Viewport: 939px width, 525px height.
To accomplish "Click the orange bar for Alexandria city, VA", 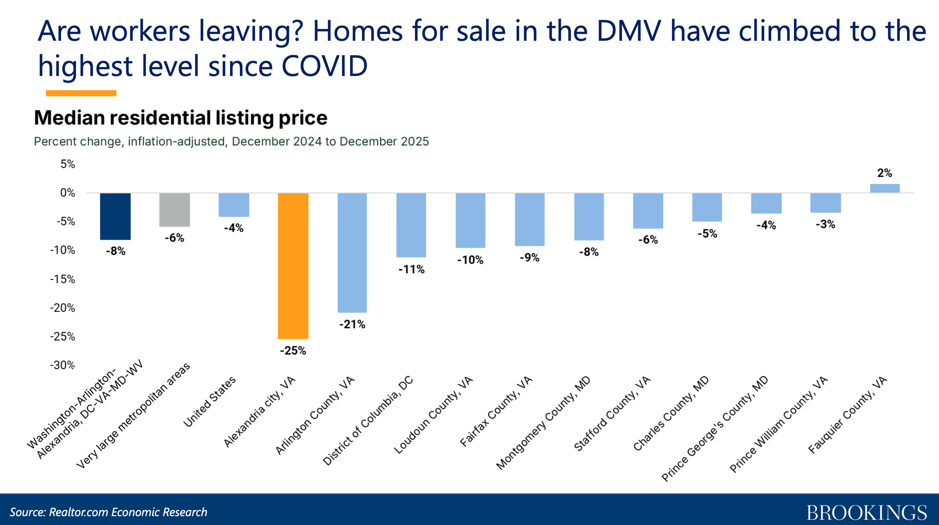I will point(293,266).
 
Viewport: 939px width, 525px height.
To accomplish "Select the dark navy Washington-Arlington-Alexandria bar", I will point(115,216).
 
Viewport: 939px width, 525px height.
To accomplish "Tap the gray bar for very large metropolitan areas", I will point(175,210).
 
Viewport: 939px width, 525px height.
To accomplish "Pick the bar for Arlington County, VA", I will point(352,252).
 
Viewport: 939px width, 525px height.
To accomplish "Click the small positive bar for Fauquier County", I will point(885,188).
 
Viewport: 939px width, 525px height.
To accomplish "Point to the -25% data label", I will point(293,351).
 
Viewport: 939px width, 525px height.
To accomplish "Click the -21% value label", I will point(352,324).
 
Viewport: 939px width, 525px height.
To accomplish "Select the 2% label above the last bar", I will point(885,173).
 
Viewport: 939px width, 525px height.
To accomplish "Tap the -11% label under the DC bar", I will point(411,269).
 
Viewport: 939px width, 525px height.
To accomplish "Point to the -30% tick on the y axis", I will point(62,365).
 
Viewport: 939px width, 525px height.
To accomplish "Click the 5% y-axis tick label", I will point(67,164).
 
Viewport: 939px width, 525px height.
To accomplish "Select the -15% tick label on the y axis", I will point(62,279).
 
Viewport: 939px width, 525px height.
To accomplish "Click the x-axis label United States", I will point(209,403).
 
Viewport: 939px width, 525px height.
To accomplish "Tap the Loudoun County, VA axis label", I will point(433,415).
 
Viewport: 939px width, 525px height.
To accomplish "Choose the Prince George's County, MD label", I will point(715,429).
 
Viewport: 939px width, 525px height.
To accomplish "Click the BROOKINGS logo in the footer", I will point(867,512).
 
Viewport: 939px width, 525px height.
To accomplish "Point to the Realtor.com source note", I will point(108,512).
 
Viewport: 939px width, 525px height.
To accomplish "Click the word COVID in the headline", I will point(324,66).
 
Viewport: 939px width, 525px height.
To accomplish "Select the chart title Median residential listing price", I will point(181,118).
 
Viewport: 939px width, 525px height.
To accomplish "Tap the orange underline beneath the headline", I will point(81,93).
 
